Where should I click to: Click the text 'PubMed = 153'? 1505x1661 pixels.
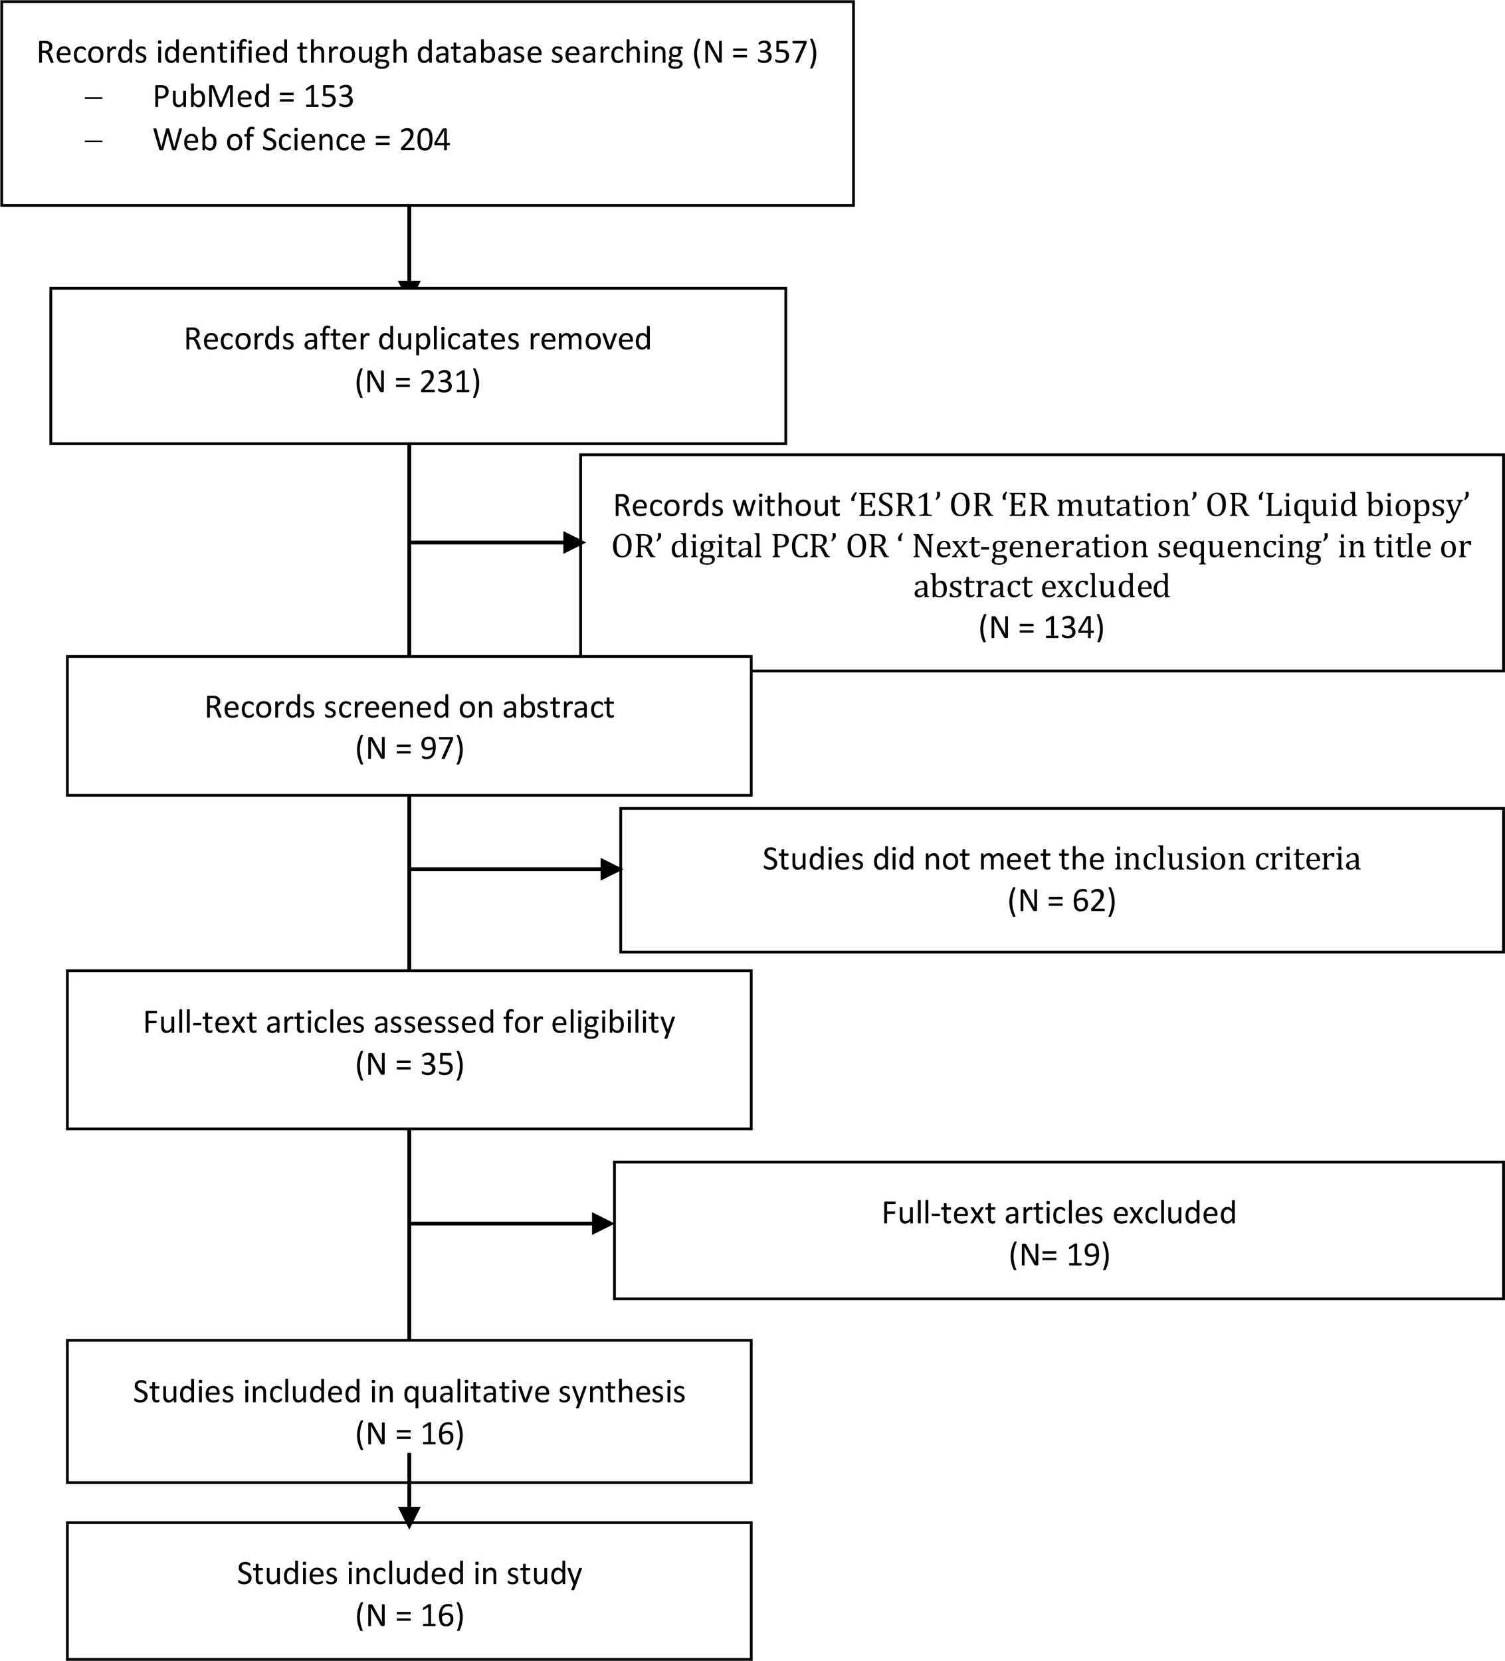[253, 96]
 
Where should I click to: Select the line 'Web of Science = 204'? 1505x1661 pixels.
[301, 140]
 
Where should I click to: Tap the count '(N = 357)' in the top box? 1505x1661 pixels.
[754, 52]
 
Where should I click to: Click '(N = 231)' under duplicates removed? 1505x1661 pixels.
[417, 381]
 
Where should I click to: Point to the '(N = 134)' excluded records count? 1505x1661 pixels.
[1041, 627]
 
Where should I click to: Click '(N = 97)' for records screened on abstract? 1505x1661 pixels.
[409, 748]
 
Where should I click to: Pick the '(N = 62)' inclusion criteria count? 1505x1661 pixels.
[1062, 900]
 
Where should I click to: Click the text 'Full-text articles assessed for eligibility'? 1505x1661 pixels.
[409, 1022]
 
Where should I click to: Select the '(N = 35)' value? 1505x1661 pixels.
[409, 1064]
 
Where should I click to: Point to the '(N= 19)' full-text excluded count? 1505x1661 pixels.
[1059, 1255]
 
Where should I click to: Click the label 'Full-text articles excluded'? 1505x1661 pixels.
[1059, 1213]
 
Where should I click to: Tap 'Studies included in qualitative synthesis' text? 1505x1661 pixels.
[409, 1391]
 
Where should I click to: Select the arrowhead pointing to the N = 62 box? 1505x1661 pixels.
[611, 869]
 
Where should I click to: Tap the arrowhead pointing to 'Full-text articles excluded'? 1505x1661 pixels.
[603, 1224]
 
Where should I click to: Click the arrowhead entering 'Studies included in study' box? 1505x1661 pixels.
[409, 1516]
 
